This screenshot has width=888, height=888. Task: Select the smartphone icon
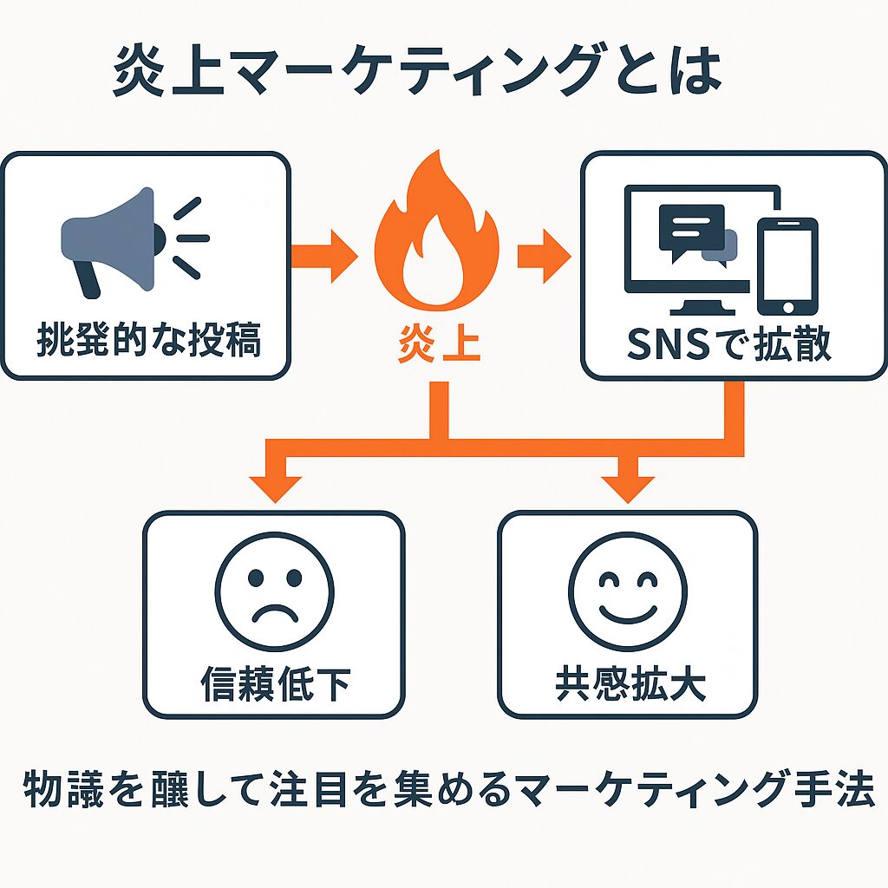click(x=787, y=265)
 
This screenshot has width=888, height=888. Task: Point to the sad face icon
click(x=274, y=597)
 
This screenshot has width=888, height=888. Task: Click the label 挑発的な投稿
click(x=148, y=342)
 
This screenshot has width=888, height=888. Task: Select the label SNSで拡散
click(x=729, y=344)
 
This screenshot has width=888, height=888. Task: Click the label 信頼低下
click(x=274, y=685)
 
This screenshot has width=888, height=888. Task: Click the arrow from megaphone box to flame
click(x=323, y=255)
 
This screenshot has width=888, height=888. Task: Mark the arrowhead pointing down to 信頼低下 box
click(x=274, y=487)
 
